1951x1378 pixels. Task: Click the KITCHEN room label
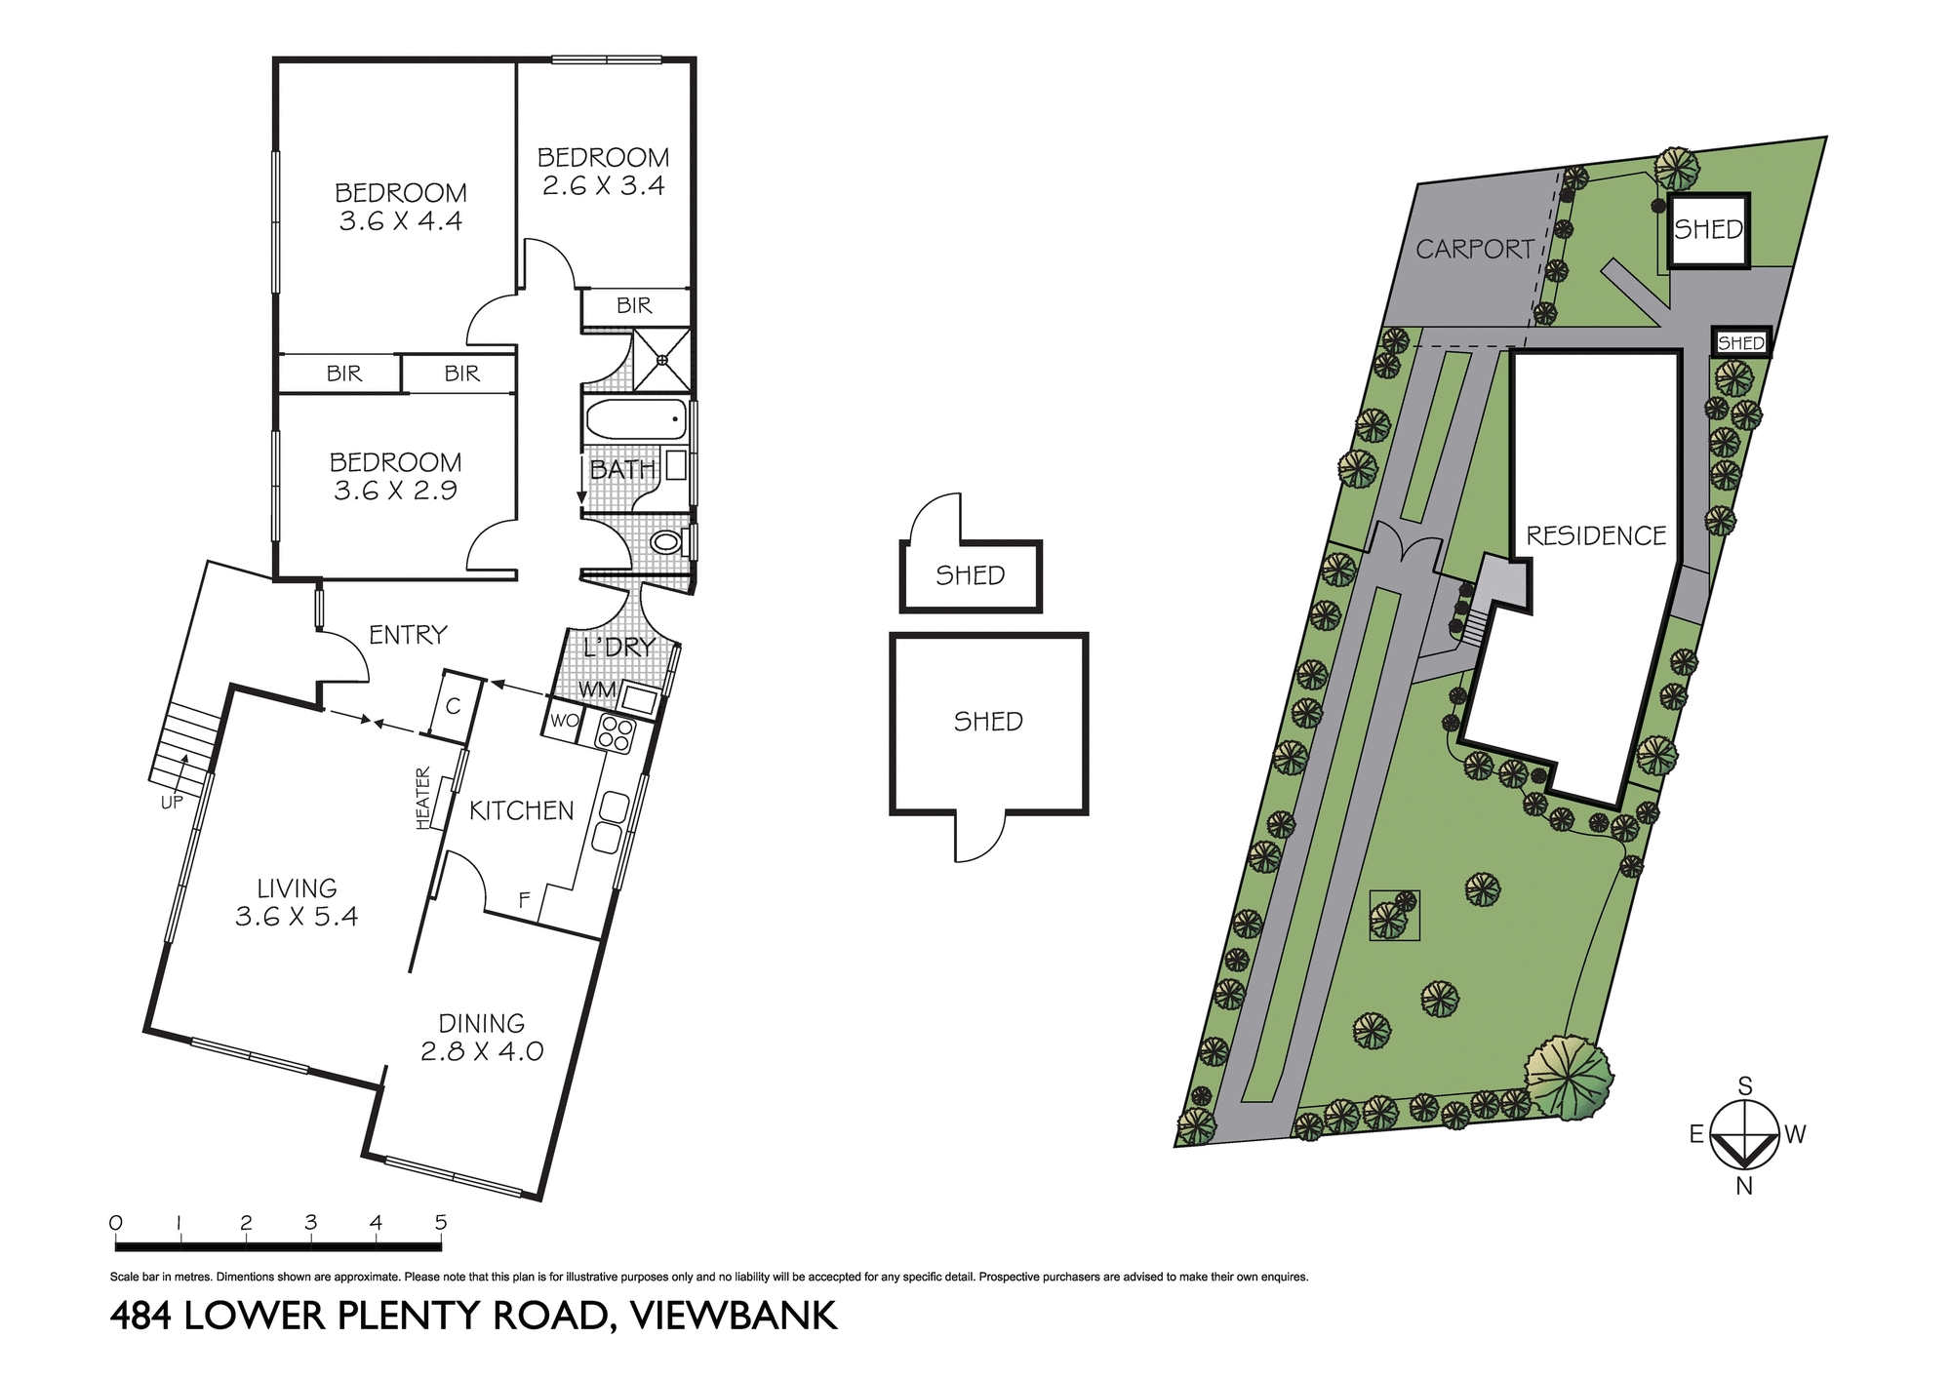click(522, 810)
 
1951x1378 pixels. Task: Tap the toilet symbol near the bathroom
click(666, 542)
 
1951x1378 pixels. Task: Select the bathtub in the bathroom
click(636, 420)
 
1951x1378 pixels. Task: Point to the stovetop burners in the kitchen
click(615, 733)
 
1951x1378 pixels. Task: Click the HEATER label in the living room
click(423, 799)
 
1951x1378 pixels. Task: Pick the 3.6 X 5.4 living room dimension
click(297, 917)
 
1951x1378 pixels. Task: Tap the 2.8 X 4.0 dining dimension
click(482, 1051)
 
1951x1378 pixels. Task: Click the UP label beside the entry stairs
click(172, 803)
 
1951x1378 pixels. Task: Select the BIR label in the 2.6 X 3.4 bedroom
click(634, 306)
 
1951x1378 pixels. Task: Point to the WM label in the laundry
click(597, 690)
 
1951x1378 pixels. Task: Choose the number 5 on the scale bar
click(441, 1222)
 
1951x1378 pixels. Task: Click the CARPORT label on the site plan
click(1475, 250)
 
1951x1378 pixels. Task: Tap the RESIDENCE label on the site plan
click(1596, 535)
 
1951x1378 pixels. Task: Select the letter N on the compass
click(1744, 1187)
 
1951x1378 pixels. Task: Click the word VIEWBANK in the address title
click(735, 1316)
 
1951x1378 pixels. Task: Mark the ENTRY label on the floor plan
click(408, 635)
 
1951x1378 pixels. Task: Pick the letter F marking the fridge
click(524, 900)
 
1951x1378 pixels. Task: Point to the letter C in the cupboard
click(453, 706)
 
